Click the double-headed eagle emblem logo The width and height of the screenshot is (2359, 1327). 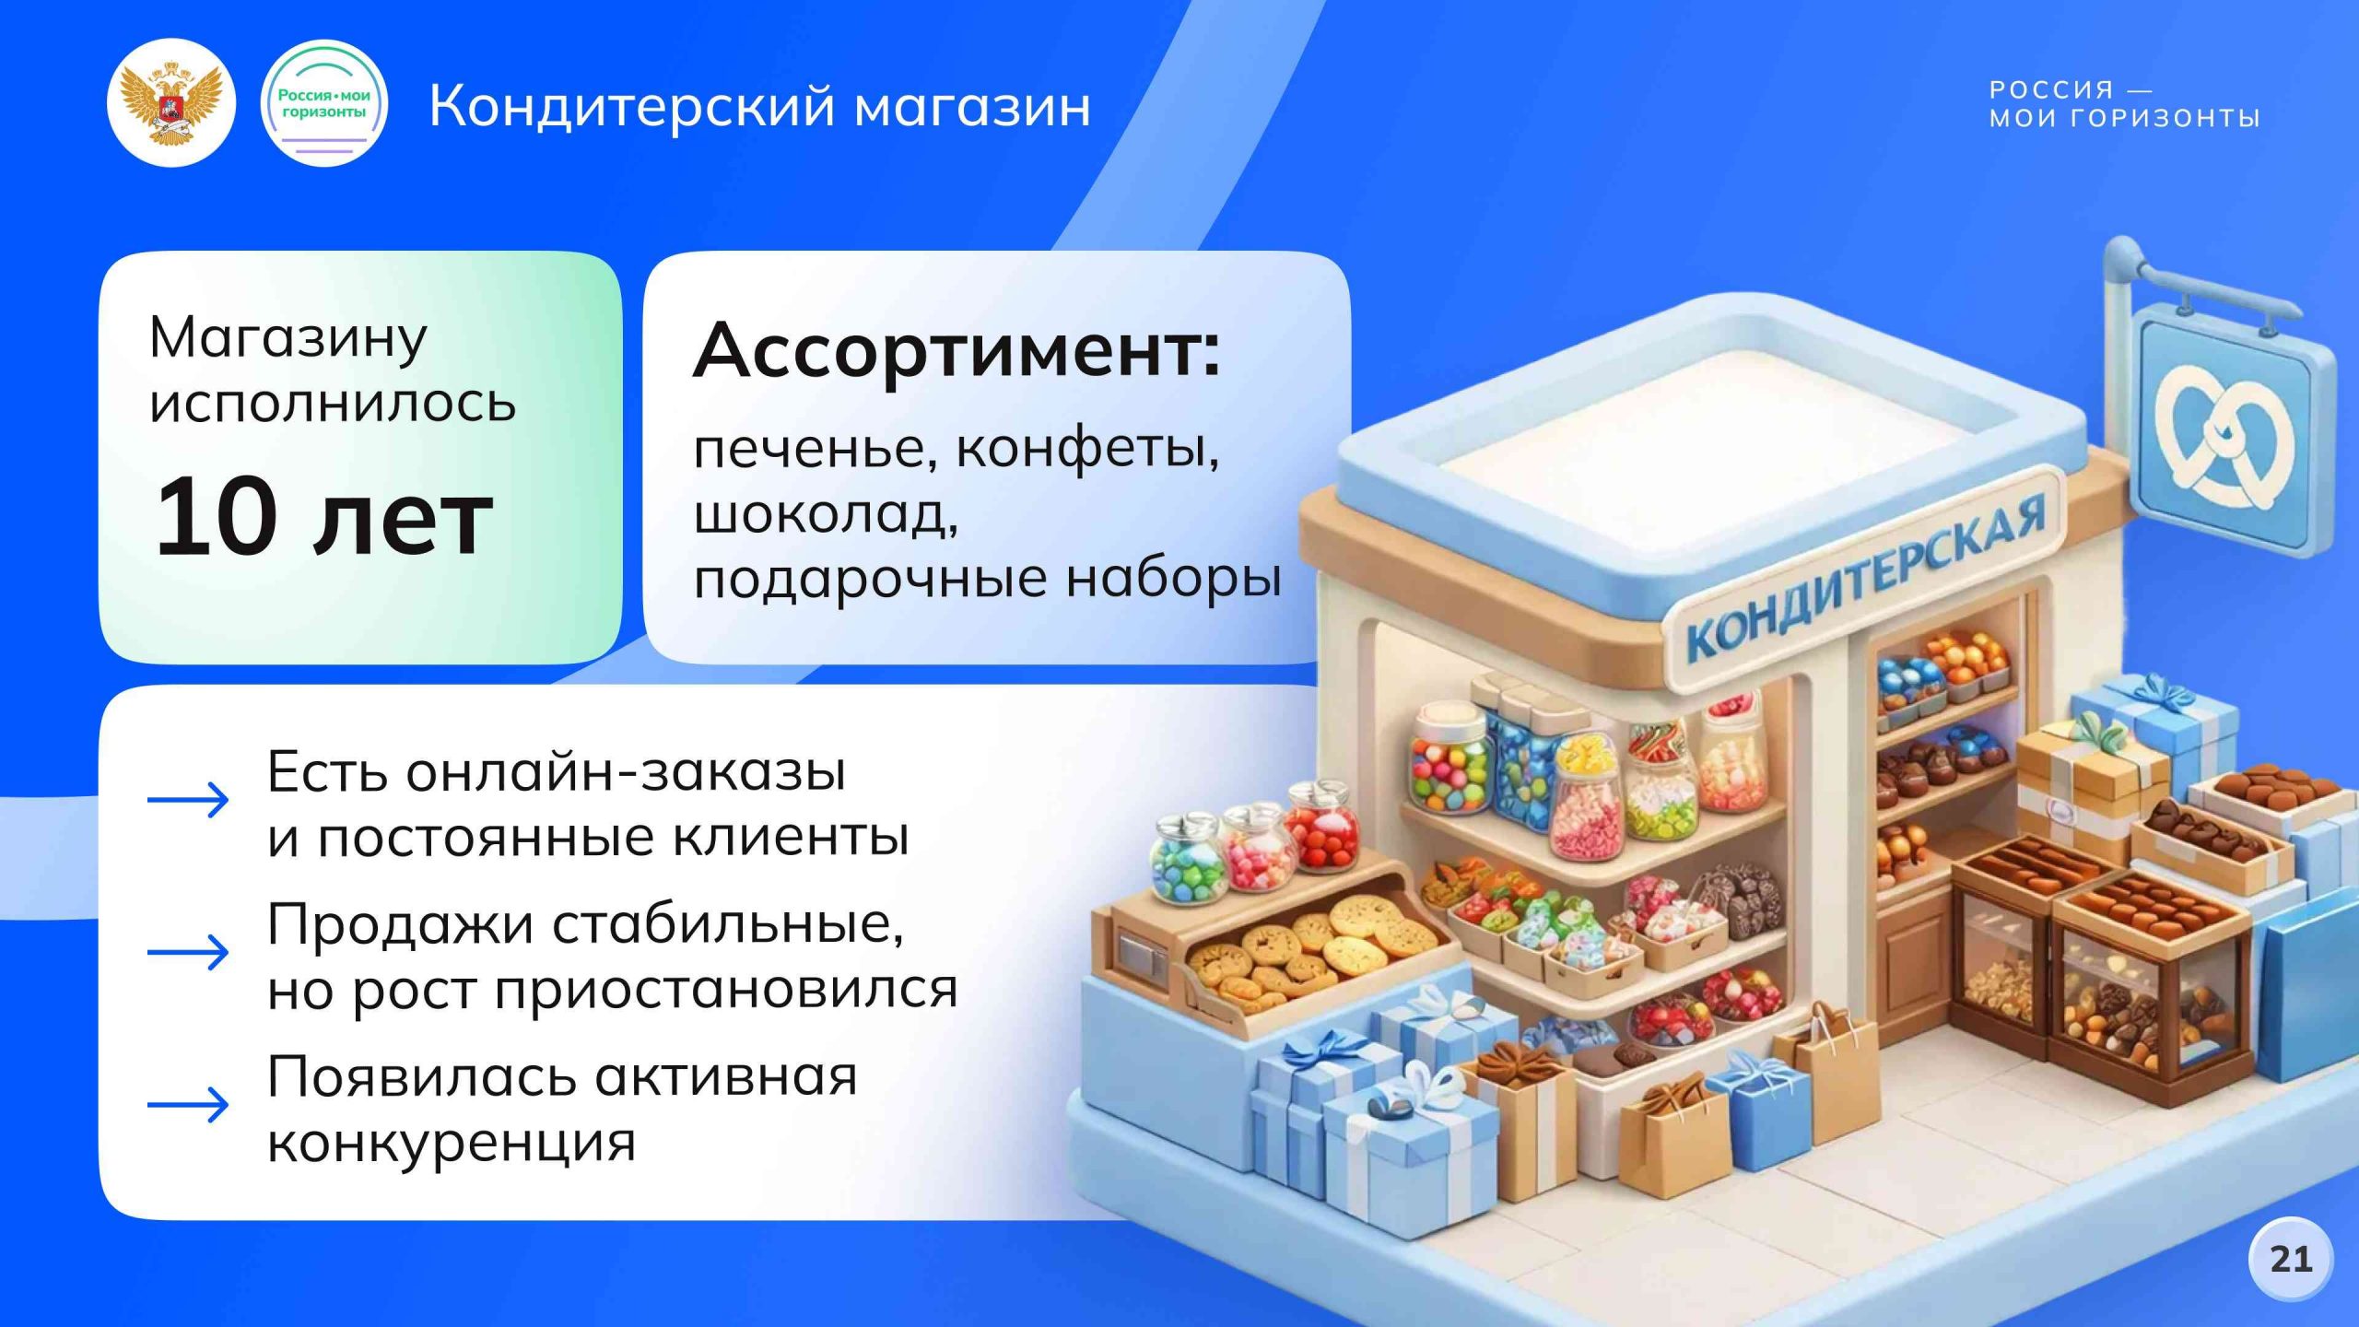171,103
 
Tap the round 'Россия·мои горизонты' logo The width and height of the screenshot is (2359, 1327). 324,103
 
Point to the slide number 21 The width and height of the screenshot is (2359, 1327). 2291,1259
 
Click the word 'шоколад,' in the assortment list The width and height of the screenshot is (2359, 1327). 826,514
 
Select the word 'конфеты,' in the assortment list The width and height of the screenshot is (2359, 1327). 1087,450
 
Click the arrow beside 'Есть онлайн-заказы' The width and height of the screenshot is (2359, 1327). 188,800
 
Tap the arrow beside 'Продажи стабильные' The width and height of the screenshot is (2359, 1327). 188,953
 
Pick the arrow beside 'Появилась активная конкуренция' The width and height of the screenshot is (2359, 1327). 188,1104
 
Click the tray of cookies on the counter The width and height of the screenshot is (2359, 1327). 1309,949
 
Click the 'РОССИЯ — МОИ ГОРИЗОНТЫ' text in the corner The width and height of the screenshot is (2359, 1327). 2123,103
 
